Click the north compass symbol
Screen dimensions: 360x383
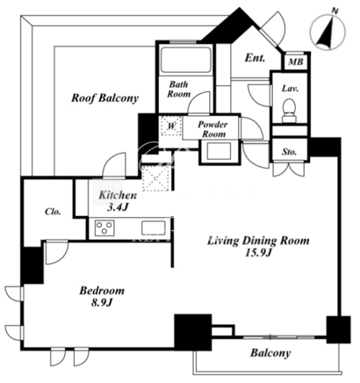(x=328, y=31)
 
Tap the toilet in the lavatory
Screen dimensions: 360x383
(x=290, y=111)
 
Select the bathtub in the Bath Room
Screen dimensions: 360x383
(x=186, y=60)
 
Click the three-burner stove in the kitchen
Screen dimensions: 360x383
(x=104, y=228)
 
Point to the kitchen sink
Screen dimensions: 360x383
(x=154, y=228)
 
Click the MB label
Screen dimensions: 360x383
(x=296, y=62)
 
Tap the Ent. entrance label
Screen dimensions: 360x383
(x=255, y=57)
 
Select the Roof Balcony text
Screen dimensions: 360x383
(x=104, y=98)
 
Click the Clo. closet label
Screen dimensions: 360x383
(x=53, y=212)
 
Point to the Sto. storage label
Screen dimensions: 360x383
(x=290, y=152)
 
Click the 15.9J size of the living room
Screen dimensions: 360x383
(x=258, y=253)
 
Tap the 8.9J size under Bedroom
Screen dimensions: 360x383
(x=102, y=303)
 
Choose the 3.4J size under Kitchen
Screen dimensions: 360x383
(x=118, y=207)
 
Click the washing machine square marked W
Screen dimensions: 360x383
(x=171, y=126)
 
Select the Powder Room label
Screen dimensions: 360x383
(x=212, y=129)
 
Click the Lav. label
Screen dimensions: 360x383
(x=290, y=89)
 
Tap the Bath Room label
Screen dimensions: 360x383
(x=179, y=90)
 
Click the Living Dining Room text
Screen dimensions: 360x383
(x=258, y=241)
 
